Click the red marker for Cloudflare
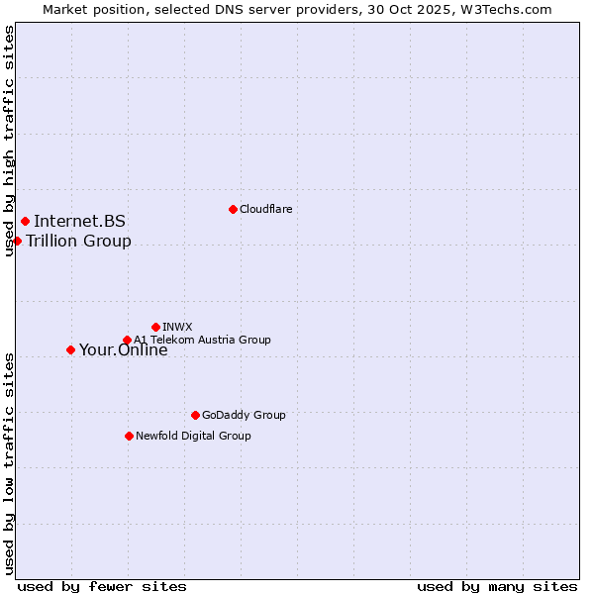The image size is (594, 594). pyautogui.click(x=233, y=209)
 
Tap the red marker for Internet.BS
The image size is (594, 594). pyautogui.click(x=25, y=221)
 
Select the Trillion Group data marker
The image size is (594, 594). pyautogui.click(x=17, y=241)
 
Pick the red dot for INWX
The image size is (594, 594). pyautogui.click(x=155, y=327)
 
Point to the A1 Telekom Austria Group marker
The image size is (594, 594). pyautogui.click(x=127, y=341)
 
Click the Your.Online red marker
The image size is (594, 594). pyautogui.click(x=70, y=349)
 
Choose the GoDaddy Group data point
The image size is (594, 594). pyautogui.click(x=195, y=415)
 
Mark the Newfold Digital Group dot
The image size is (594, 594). pyautogui.click(x=129, y=436)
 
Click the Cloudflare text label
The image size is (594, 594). pyautogui.click(x=266, y=209)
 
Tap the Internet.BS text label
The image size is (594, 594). pyautogui.click(x=79, y=221)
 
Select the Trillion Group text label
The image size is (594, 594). pyautogui.click(x=78, y=241)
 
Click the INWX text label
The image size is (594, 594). pyautogui.click(x=177, y=327)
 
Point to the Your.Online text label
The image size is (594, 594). pyautogui.click(x=123, y=349)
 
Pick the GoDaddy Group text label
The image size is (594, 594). pyautogui.click(x=244, y=415)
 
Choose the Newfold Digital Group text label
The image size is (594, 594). pyautogui.click(x=193, y=436)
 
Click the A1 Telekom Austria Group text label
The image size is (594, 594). pyautogui.click(x=202, y=341)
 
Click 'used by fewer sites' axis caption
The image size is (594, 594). pyautogui.click(x=102, y=586)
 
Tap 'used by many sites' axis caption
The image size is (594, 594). pyautogui.click(x=497, y=586)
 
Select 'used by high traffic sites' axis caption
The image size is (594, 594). pyautogui.click(x=9, y=141)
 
